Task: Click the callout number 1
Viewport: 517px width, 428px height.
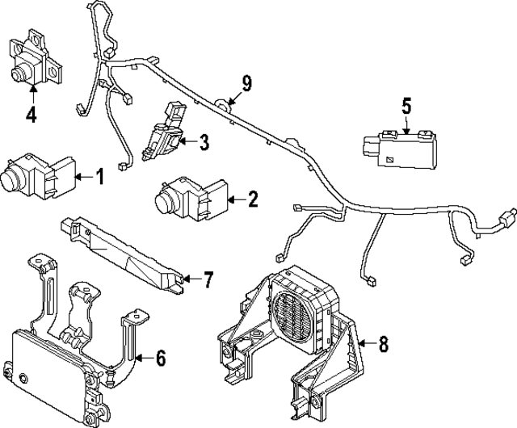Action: [100, 175]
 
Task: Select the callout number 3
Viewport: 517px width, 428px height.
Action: [204, 143]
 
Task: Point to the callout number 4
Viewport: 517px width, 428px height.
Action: [31, 115]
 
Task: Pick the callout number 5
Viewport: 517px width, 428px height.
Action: [406, 105]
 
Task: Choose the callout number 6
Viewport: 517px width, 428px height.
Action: [161, 357]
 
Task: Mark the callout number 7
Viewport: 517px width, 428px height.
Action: [208, 280]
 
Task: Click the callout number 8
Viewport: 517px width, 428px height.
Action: [383, 344]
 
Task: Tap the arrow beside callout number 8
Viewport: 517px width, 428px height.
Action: [364, 344]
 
